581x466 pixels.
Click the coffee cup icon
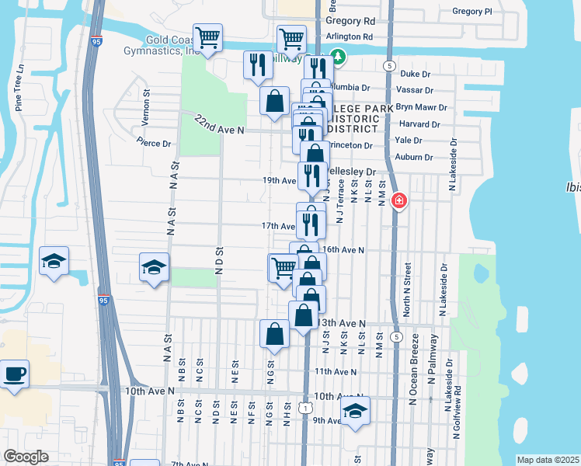(x=14, y=374)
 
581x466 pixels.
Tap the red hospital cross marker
(x=399, y=202)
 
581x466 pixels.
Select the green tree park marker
(x=337, y=56)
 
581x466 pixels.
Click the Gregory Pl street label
(x=472, y=12)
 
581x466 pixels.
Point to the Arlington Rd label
(x=350, y=37)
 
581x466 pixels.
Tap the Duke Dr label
(x=415, y=75)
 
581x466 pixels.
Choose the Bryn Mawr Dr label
(x=422, y=107)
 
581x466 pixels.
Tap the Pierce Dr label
(x=153, y=143)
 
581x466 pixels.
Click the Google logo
(x=26, y=457)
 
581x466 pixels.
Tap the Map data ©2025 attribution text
(x=548, y=460)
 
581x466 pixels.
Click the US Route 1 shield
(x=308, y=407)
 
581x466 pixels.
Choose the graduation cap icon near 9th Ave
(x=356, y=411)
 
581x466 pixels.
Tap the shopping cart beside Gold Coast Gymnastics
(x=208, y=37)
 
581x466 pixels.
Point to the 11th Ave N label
(x=335, y=372)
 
